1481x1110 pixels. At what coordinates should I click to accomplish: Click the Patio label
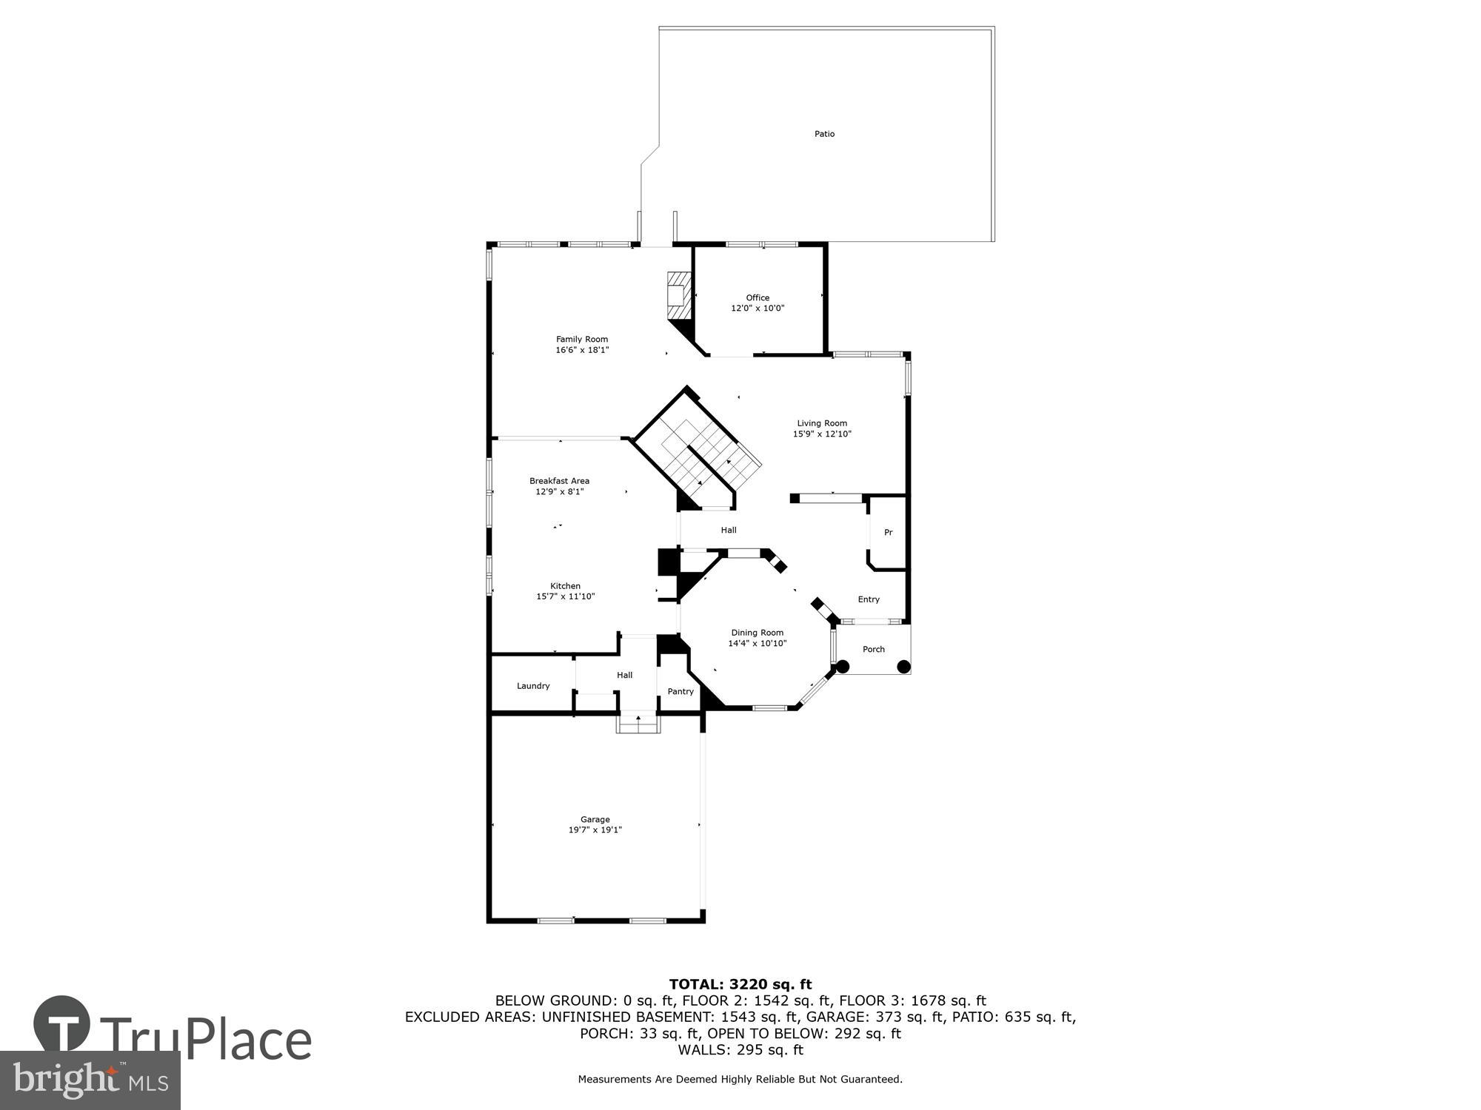824,134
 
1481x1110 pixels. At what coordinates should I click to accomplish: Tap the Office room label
758,297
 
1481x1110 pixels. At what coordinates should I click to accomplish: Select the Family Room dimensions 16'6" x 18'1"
582,350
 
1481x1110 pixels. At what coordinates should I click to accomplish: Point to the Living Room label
822,423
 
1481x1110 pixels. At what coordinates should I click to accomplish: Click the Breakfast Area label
559,481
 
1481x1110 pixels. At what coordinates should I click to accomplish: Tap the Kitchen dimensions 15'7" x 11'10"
565,596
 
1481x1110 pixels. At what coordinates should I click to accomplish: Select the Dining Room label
757,633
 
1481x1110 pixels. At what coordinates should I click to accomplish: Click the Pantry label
681,692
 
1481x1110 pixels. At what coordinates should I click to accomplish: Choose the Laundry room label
533,686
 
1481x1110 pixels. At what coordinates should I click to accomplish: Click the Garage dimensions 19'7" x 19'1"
595,830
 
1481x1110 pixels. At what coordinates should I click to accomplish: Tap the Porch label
874,649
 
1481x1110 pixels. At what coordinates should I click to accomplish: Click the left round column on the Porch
843,667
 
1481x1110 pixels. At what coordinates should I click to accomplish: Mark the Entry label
869,599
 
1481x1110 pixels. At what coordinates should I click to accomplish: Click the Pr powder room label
888,533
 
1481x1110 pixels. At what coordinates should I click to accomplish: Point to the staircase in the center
700,455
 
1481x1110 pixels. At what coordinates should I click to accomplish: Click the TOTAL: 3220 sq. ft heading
740,984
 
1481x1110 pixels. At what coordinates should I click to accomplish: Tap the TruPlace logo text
205,1040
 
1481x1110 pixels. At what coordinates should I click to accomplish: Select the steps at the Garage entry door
638,725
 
